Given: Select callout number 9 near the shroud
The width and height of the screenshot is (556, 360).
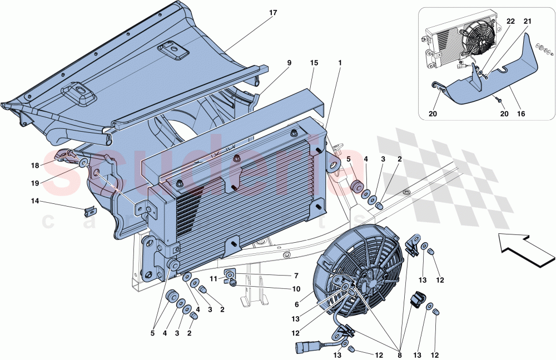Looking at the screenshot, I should click(289, 63).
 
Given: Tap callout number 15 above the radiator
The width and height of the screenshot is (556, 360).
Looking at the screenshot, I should click(314, 63).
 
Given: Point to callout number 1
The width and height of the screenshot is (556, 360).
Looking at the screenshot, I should click(339, 63).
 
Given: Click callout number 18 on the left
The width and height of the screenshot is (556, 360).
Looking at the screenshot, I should click(34, 166).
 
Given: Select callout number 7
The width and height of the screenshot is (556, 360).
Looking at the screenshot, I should click(296, 276).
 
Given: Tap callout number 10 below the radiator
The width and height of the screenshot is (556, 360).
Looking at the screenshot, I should click(296, 289).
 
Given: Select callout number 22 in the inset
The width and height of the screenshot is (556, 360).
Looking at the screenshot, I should click(510, 21).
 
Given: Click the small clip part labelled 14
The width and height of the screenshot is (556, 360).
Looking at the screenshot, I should click(89, 212).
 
